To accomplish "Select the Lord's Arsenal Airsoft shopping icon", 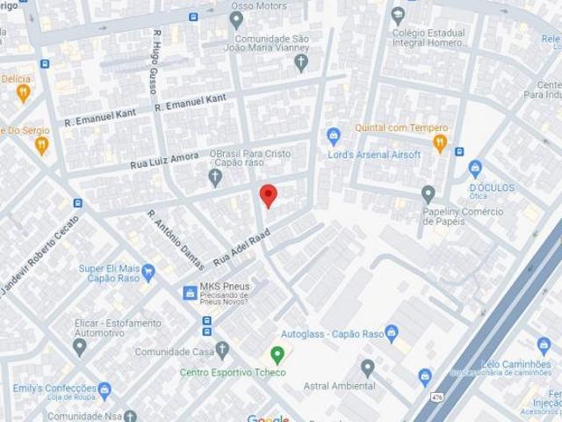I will coord(333,135).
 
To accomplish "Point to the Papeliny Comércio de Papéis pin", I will coord(429,193).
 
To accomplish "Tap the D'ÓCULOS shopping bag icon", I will coord(476,167).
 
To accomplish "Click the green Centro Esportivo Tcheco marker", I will coord(277,355).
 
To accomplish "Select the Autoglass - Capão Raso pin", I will coord(392,333).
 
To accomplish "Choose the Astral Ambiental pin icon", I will coord(367,367).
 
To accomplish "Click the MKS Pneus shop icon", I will coord(190,293).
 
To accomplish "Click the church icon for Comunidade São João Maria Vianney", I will coord(301,62).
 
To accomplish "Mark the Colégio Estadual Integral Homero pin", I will coord(399,15).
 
